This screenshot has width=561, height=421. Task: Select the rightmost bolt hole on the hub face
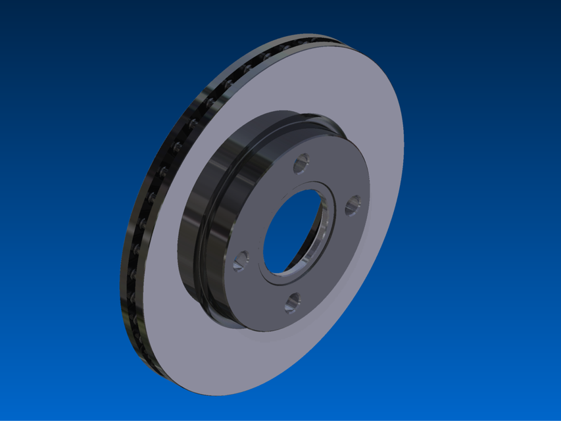click(x=352, y=204)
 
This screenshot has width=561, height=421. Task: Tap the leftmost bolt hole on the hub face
click(x=241, y=260)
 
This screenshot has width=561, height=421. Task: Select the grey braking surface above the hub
click(x=296, y=86)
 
